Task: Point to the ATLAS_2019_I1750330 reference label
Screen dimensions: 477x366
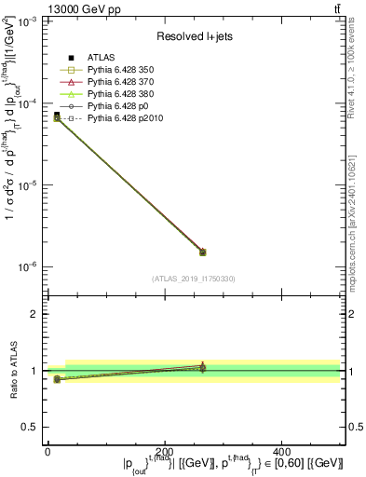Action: (193, 279)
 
